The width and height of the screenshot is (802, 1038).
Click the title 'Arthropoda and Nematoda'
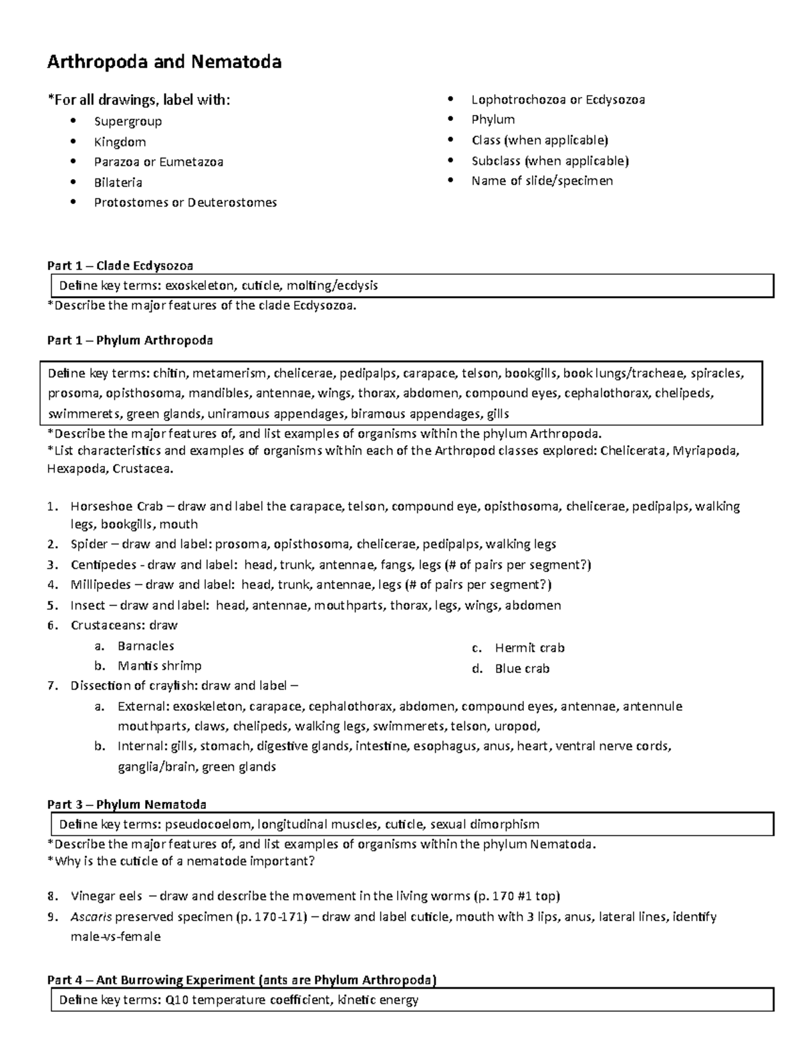click(x=164, y=62)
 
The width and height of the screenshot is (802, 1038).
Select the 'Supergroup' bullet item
click(x=128, y=121)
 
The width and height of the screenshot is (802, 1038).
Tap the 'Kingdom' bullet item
click(x=120, y=142)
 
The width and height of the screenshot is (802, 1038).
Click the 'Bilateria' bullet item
click(x=118, y=182)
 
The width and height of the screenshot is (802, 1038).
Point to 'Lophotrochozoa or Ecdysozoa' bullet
click(x=558, y=100)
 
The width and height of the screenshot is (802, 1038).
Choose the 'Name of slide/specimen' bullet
click(x=542, y=180)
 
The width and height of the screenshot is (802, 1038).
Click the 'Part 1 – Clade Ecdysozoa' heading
click(x=120, y=265)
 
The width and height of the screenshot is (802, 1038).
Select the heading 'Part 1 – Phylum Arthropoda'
click(x=130, y=340)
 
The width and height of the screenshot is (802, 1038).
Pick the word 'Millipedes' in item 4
click(x=101, y=585)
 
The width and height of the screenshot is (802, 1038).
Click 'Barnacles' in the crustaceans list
click(x=146, y=646)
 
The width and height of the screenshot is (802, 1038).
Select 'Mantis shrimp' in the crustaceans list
click(x=159, y=666)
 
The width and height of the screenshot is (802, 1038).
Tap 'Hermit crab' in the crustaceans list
click(x=529, y=648)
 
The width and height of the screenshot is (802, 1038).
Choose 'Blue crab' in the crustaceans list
click(x=522, y=668)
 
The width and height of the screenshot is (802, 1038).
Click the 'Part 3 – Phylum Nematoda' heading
click(x=126, y=804)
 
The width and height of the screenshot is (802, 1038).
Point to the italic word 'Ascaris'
click(x=91, y=916)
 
